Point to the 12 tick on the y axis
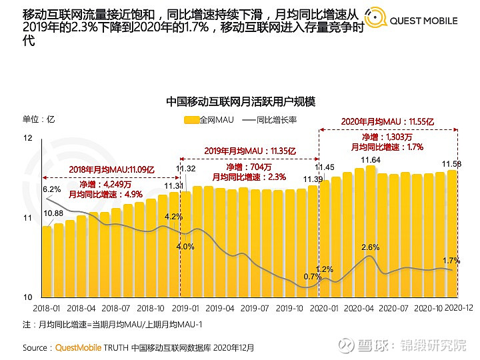click(x=27, y=138)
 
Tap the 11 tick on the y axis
click(x=27, y=218)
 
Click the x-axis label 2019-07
click(x=255, y=309)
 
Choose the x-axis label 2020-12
click(x=459, y=309)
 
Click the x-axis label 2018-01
click(x=46, y=309)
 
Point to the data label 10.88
click(x=53, y=213)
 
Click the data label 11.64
click(x=371, y=160)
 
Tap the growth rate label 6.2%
click(x=51, y=189)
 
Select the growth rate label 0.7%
click(x=312, y=276)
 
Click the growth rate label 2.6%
click(x=370, y=247)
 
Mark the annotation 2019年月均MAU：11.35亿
click(x=249, y=151)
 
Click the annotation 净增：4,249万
click(x=102, y=183)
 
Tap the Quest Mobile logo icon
click(x=374, y=20)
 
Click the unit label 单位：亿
click(x=38, y=119)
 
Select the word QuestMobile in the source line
click(x=77, y=347)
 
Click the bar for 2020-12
click(x=452, y=233)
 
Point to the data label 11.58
click(x=452, y=164)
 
